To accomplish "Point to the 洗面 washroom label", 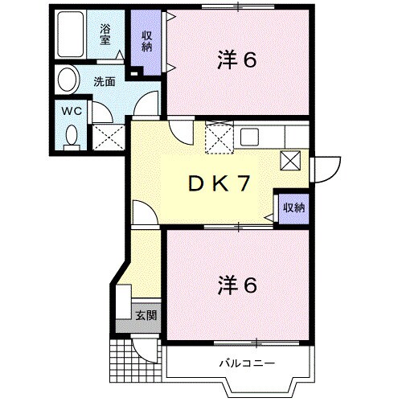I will [x=103, y=80].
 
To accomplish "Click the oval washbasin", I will [x=67, y=80].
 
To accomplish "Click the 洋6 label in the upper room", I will [x=236, y=60].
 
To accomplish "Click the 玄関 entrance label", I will [x=146, y=314].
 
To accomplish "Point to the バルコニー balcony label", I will [x=247, y=363].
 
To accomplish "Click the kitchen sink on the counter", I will [x=248, y=136].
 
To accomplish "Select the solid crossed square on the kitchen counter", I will [x=290, y=160].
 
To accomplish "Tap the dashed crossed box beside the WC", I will [x=106, y=137].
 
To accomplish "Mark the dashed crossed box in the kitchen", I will [x=218, y=138].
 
